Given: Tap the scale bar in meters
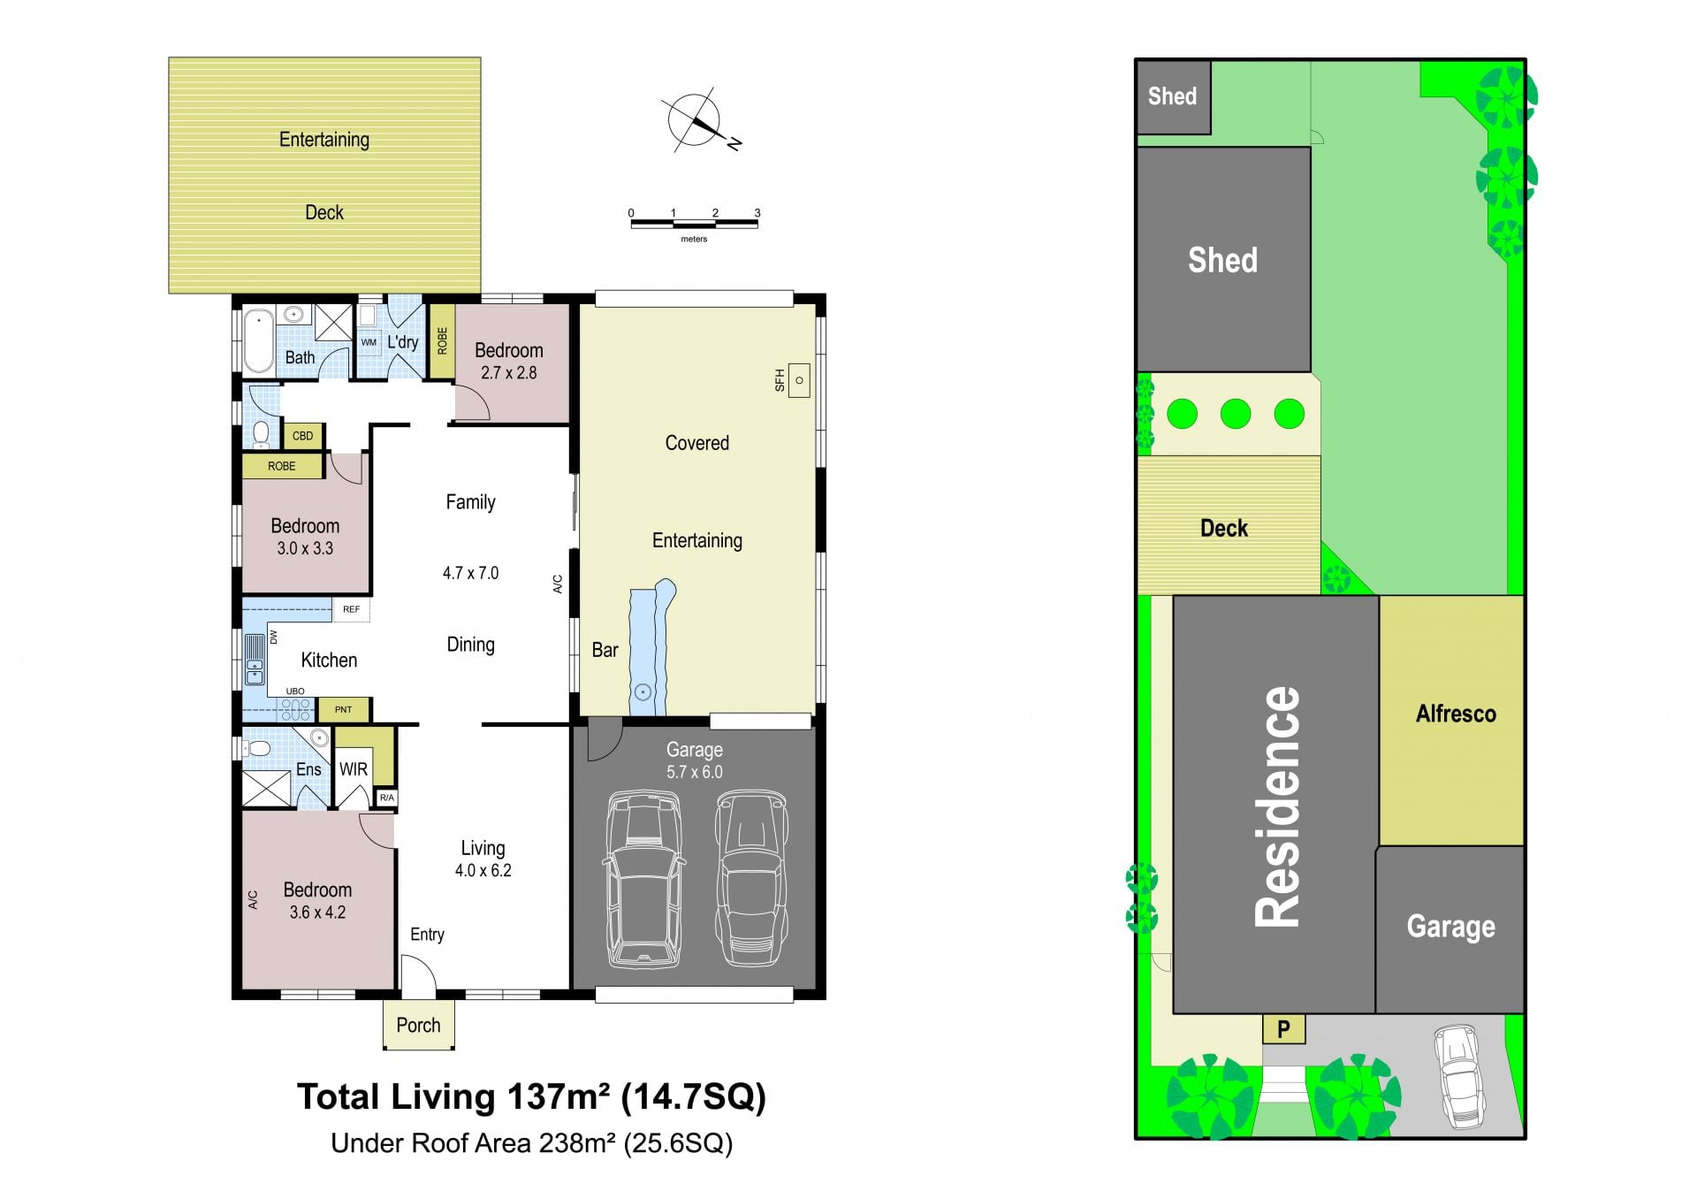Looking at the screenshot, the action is click(x=694, y=223).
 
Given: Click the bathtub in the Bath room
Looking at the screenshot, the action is click(x=259, y=340).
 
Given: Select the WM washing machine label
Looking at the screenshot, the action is click(x=369, y=342).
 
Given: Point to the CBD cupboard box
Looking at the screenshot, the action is click(x=302, y=436).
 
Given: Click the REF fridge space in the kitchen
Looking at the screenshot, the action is click(x=352, y=609).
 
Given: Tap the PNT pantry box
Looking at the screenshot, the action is click(x=344, y=709).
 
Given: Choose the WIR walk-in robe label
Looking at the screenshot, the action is click(x=354, y=769).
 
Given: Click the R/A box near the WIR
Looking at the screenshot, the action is click(x=386, y=798).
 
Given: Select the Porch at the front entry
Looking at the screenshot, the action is click(x=418, y=1025).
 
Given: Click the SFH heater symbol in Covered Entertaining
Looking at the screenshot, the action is click(x=799, y=380).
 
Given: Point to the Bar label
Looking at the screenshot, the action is click(x=605, y=650).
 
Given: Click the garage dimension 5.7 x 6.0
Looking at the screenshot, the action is click(x=694, y=772).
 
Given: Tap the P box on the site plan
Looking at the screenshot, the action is click(x=1284, y=1029).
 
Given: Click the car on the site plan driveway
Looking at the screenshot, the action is click(x=1459, y=1076).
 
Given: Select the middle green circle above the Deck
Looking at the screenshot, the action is click(x=1236, y=414).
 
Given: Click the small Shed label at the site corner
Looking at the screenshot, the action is click(x=1172, y=96).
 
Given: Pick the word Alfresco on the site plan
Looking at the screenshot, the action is click(x=1456, y=714).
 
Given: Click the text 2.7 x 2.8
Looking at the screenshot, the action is click(x=508, y=373).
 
